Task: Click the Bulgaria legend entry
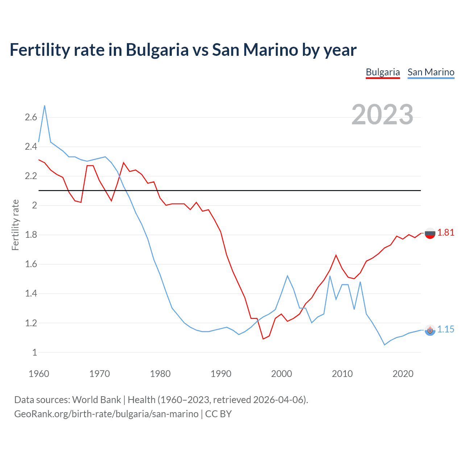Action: click(x=382, y=72)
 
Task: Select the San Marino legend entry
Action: click(x=431, y=72)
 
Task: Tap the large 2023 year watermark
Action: click(x=382, y=115)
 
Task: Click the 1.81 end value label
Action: click(x=446, y=233)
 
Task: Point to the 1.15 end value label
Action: click(x=446, y=329)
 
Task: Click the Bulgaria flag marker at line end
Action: click(x=430, y=234)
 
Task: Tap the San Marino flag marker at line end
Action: click(x=430, y=330)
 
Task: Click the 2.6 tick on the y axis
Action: click(x=31, y=117)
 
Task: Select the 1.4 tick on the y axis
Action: click(x=31, y=293)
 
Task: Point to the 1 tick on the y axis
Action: click(x=34, y=352)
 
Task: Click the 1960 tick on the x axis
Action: click(x=39, y=374)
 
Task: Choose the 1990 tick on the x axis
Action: click(x=221, y=374)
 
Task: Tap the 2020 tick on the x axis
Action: click(x=403, y=374)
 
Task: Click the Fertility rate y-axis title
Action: click(x=15, y=225)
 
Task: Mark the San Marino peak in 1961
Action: click(x=45, y=106)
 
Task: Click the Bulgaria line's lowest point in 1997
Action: click(x=263, y=339)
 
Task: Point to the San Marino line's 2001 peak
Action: click(x=287, y=276)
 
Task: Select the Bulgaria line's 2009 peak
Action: click(x=336, y=255)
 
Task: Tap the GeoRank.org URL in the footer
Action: click(x=106, y=414)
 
